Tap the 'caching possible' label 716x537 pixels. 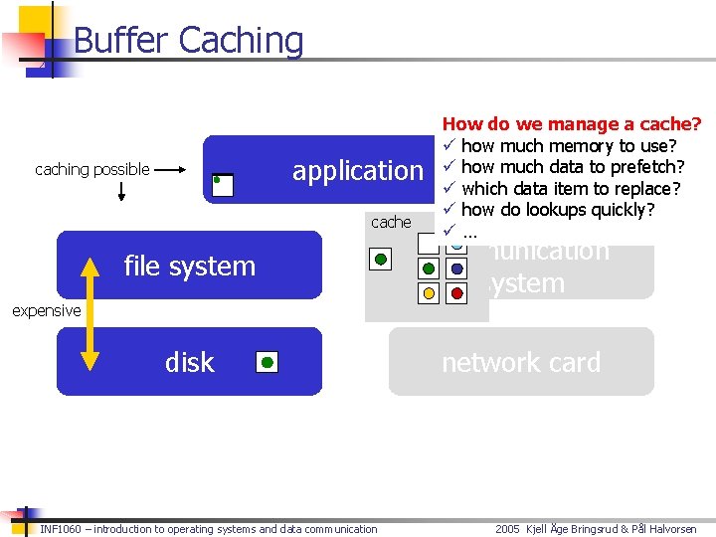(x=92, y=169)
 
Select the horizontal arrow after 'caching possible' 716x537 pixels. (x=170, y=169)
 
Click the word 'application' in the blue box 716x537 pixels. (x=357, y=171)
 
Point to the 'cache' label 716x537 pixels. (x=391, y=222)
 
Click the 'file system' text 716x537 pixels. (x=189, y=266)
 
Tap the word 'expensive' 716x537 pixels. (x=46, y=310)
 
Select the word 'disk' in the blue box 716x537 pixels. (x=189, y=362)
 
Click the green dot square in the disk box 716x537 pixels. (x=267, y=362)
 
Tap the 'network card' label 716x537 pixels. (x=521, y=362)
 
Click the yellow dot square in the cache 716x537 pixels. (x=429, y=293)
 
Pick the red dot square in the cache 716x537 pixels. (x=456, y=293)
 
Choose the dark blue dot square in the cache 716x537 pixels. (x=456, y=268)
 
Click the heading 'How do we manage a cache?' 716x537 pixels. (x=572, y=124)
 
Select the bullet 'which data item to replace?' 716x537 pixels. (x=571, y=188)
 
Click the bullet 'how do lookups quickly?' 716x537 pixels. (x=558, y=209)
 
